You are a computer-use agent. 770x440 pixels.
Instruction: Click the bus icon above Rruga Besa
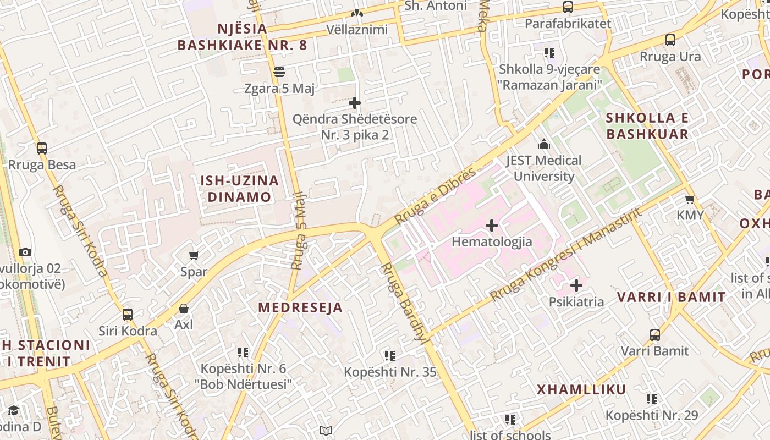pyautogui.click(x=42, y=148)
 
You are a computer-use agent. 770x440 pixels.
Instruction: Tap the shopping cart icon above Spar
pyautogui.click(x=194, y=255)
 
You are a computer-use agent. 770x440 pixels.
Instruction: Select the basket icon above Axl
pyautogui.click(x=184, y=309)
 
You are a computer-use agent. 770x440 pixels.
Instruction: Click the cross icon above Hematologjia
pyautogui.click(x=492, y=226)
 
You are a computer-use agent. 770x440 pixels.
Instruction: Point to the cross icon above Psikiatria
pyautogui.click(x=576, y=285)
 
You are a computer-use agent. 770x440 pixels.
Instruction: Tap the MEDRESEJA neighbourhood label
pyautogui.click(x=300, y=307)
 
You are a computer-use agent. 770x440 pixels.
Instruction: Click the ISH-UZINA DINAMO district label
pyautogui.click(x=239, y=189)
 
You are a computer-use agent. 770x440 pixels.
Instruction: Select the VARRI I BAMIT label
pyautogui.click(x=671, y=298)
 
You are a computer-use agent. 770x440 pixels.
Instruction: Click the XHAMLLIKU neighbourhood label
pyautogui.click(x=581, y=390)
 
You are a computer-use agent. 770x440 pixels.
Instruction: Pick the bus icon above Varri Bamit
pyautogui.click(x=655, y=334)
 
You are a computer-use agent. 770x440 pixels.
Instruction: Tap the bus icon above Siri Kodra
pyautogui.click(x=128, y=315)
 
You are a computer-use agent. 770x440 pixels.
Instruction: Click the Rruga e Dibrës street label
pyautogui.click(x=435, y=196)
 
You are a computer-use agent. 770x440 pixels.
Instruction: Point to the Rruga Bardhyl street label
pyautogui.click(x=404, y=302)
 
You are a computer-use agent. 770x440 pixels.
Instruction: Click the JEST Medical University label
pyautogui.click(x=543, y=168)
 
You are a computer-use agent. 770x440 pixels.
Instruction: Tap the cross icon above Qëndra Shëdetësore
pyautogui.click(x=355, y=103)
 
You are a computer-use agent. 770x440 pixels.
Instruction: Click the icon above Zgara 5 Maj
pyautogui.click(x=279, y=72)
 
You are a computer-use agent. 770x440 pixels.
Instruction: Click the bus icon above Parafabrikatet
pyautogui.click(x=568, y=7)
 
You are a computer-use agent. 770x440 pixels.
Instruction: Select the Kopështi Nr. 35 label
pyautogui.click(x=390, y=372)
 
